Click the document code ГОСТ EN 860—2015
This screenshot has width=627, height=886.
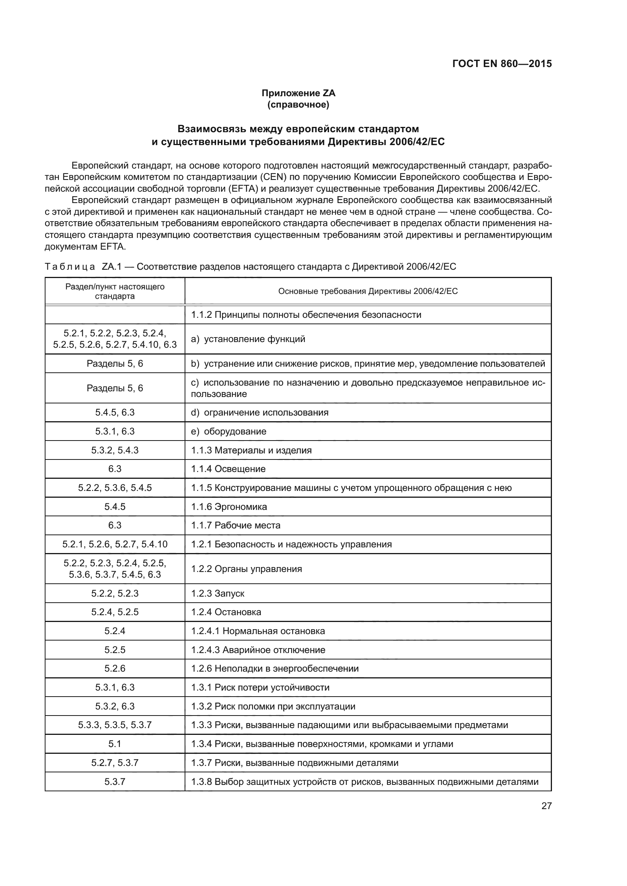point(502,64)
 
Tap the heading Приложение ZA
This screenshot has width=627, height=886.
point(298,93)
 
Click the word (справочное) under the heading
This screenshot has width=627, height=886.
point(298,105)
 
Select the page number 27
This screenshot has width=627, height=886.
point(546,806)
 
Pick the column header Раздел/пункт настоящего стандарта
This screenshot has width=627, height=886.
point(114,291)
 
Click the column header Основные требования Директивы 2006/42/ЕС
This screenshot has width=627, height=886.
point(368,291)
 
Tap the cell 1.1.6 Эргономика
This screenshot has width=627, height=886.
point(229,507)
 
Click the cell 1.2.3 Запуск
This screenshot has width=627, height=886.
point(218,593)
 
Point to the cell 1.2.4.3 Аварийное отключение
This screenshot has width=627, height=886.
point(258,650)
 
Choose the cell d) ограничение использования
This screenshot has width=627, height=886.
point(259,413)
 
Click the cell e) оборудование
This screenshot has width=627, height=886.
point(229,431)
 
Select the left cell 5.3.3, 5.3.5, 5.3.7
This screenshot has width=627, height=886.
point(114,725)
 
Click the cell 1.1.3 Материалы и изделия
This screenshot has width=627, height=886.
point(251,450)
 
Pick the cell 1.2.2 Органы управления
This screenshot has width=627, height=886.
point(246,569)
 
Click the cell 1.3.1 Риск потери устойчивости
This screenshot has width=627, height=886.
point(260,687)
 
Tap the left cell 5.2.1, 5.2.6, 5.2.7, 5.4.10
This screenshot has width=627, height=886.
point(114,544)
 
